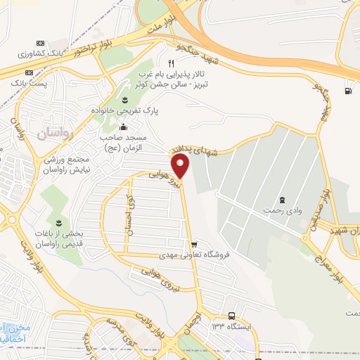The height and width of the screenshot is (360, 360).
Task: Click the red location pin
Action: pyautogui.click(x=181, y=165)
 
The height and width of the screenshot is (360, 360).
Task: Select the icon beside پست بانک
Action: pyautogui.click(x=30, y=72)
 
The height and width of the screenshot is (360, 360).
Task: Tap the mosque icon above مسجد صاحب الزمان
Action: pyautogui.click(x=124, y=127)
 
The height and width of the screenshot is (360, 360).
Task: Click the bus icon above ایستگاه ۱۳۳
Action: pyautogui.click(x=232, y=317)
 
